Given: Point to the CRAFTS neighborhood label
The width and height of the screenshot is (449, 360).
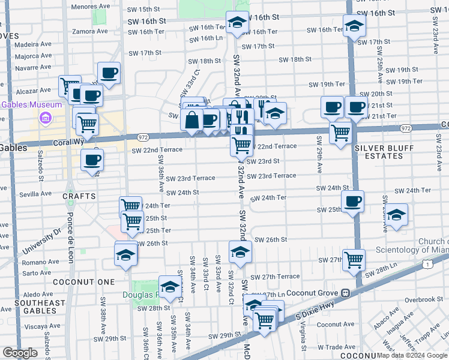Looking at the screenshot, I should tap(79, 196).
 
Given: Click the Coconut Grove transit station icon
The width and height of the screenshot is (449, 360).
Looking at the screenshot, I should tap(345, 293).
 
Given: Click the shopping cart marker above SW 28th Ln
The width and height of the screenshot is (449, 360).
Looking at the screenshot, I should tap(354, 260).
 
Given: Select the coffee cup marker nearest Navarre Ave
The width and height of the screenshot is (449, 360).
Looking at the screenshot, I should tap(109, 74).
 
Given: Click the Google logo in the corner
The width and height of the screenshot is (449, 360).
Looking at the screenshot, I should tap(20, 353).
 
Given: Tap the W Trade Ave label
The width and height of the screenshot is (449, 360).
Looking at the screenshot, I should tap(337, 347).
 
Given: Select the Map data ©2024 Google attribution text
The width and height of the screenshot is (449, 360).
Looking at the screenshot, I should tap(411, 355).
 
